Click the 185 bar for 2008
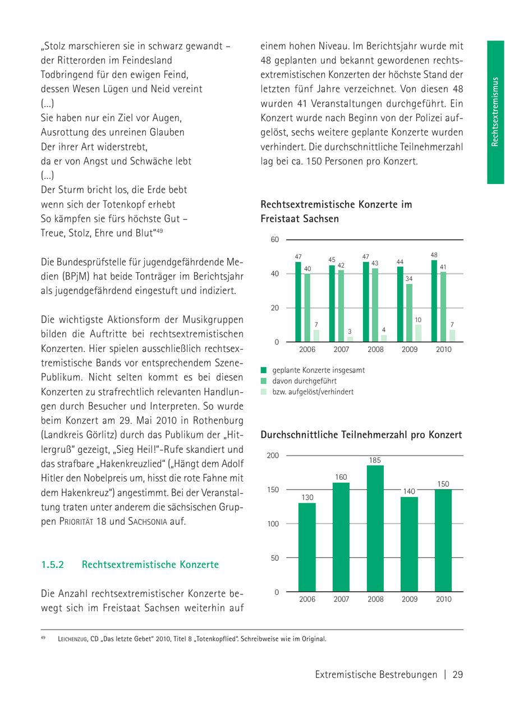tap(375, 529)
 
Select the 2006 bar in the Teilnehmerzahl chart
tap(307, 547)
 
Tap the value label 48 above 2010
tap(434, 255)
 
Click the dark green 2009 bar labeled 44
tap(400, 304)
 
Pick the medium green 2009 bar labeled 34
tap(409, 313)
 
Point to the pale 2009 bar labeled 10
tap(418, 333)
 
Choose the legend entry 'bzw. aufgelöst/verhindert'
tap(313, 392)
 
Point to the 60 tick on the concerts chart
tap(275, 240)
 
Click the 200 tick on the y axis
tap(273, 455)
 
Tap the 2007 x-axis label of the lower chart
tap(341, 599)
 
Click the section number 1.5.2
tap(53, 564)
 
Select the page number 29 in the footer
tap(457, 674)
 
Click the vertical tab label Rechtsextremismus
tap(495, 112)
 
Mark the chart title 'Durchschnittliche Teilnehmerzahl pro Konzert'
tap(361, 435)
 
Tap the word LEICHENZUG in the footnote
tap(72, 639)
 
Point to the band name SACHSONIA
tap(148, 521)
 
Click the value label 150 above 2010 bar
tap(443, 484)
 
